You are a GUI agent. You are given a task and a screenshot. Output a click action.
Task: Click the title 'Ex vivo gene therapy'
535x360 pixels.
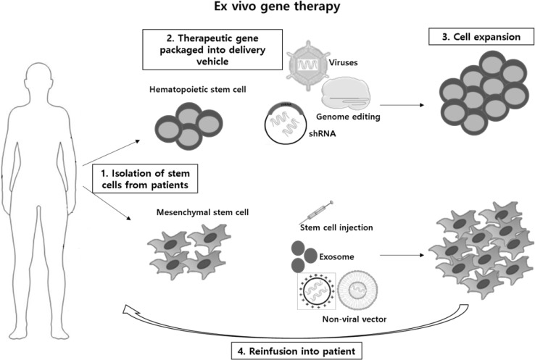[x=277, y=7]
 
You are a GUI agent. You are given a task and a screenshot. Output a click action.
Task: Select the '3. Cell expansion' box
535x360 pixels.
[x=481, y=37]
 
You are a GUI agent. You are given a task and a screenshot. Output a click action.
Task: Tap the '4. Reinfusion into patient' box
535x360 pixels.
[x=296, y=351]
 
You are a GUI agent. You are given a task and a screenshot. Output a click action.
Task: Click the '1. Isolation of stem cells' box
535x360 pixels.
[x=145, y=179]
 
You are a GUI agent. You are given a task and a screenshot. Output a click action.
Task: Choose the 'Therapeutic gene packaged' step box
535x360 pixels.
[x=212, y=50]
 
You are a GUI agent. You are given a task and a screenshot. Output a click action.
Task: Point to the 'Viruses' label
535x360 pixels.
[x=343, y=63]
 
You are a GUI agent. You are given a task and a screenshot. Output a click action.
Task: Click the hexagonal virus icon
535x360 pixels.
[x=308, y=65]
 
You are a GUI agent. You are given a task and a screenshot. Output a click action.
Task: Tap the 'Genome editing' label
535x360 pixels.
[x=348, y=117]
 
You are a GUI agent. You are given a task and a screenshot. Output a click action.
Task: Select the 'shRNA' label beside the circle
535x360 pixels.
[x=322, y=133]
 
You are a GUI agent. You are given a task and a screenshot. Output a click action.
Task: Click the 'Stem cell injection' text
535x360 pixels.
[x=336, y=227]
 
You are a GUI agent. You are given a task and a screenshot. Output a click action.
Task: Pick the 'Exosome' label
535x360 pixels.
[x=336, y=256]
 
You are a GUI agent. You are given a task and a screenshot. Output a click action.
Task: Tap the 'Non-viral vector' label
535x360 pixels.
[x=354, y=319]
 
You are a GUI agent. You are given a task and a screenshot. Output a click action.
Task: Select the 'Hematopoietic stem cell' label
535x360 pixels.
[x=198, y=90]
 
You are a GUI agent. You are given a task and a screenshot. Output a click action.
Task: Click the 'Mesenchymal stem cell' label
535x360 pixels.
[x=202, y=212]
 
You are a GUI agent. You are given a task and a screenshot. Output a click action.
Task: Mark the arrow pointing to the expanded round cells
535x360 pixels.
[x=402, y=105]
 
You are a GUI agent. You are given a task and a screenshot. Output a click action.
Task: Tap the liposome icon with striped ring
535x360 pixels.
[x=357, y=290]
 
